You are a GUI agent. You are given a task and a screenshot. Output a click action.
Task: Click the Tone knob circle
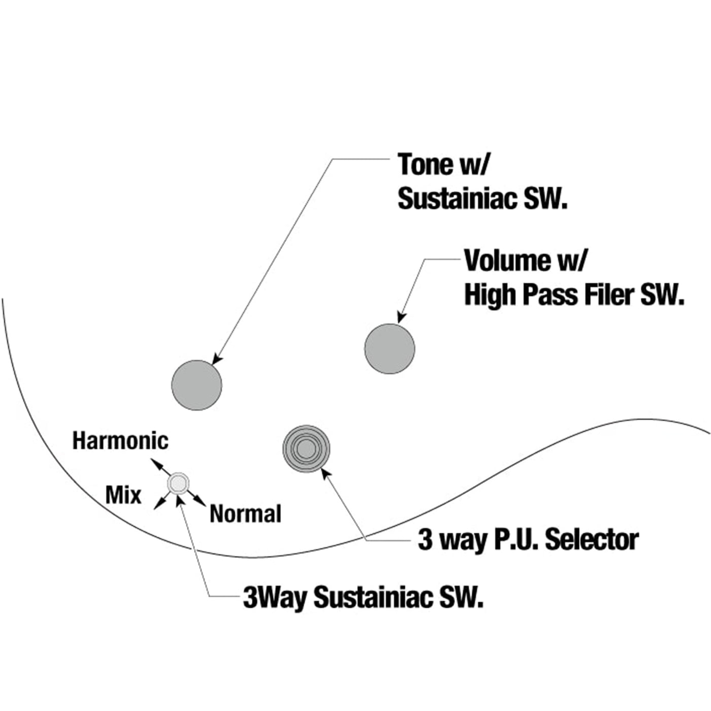pyautogui.click(x=197, y=385)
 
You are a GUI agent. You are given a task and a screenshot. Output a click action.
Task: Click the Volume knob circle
pyautogui.click(x=390, y=349)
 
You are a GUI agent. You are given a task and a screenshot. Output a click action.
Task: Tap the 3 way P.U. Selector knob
pyautogui.click(x=306, y=448)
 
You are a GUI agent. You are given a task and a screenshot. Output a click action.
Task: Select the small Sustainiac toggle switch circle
pyautogui.click(x=178, y=483)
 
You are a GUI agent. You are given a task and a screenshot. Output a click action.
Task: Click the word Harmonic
pyautogui.click(x=120, y=441)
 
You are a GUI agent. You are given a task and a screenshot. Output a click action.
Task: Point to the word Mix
pyautogui.click(x=123, y=495)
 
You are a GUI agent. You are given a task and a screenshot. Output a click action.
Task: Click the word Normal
pyautogui.click(x=245, y=514)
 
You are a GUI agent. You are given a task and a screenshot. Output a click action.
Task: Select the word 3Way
pyautogui.click(x=274, y=597)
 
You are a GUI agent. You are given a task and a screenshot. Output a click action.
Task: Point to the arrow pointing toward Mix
pyautogui.click(x=159, y=503)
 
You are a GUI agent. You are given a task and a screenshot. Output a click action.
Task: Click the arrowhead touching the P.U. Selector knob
pyautogui.click(x=326, y=473)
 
